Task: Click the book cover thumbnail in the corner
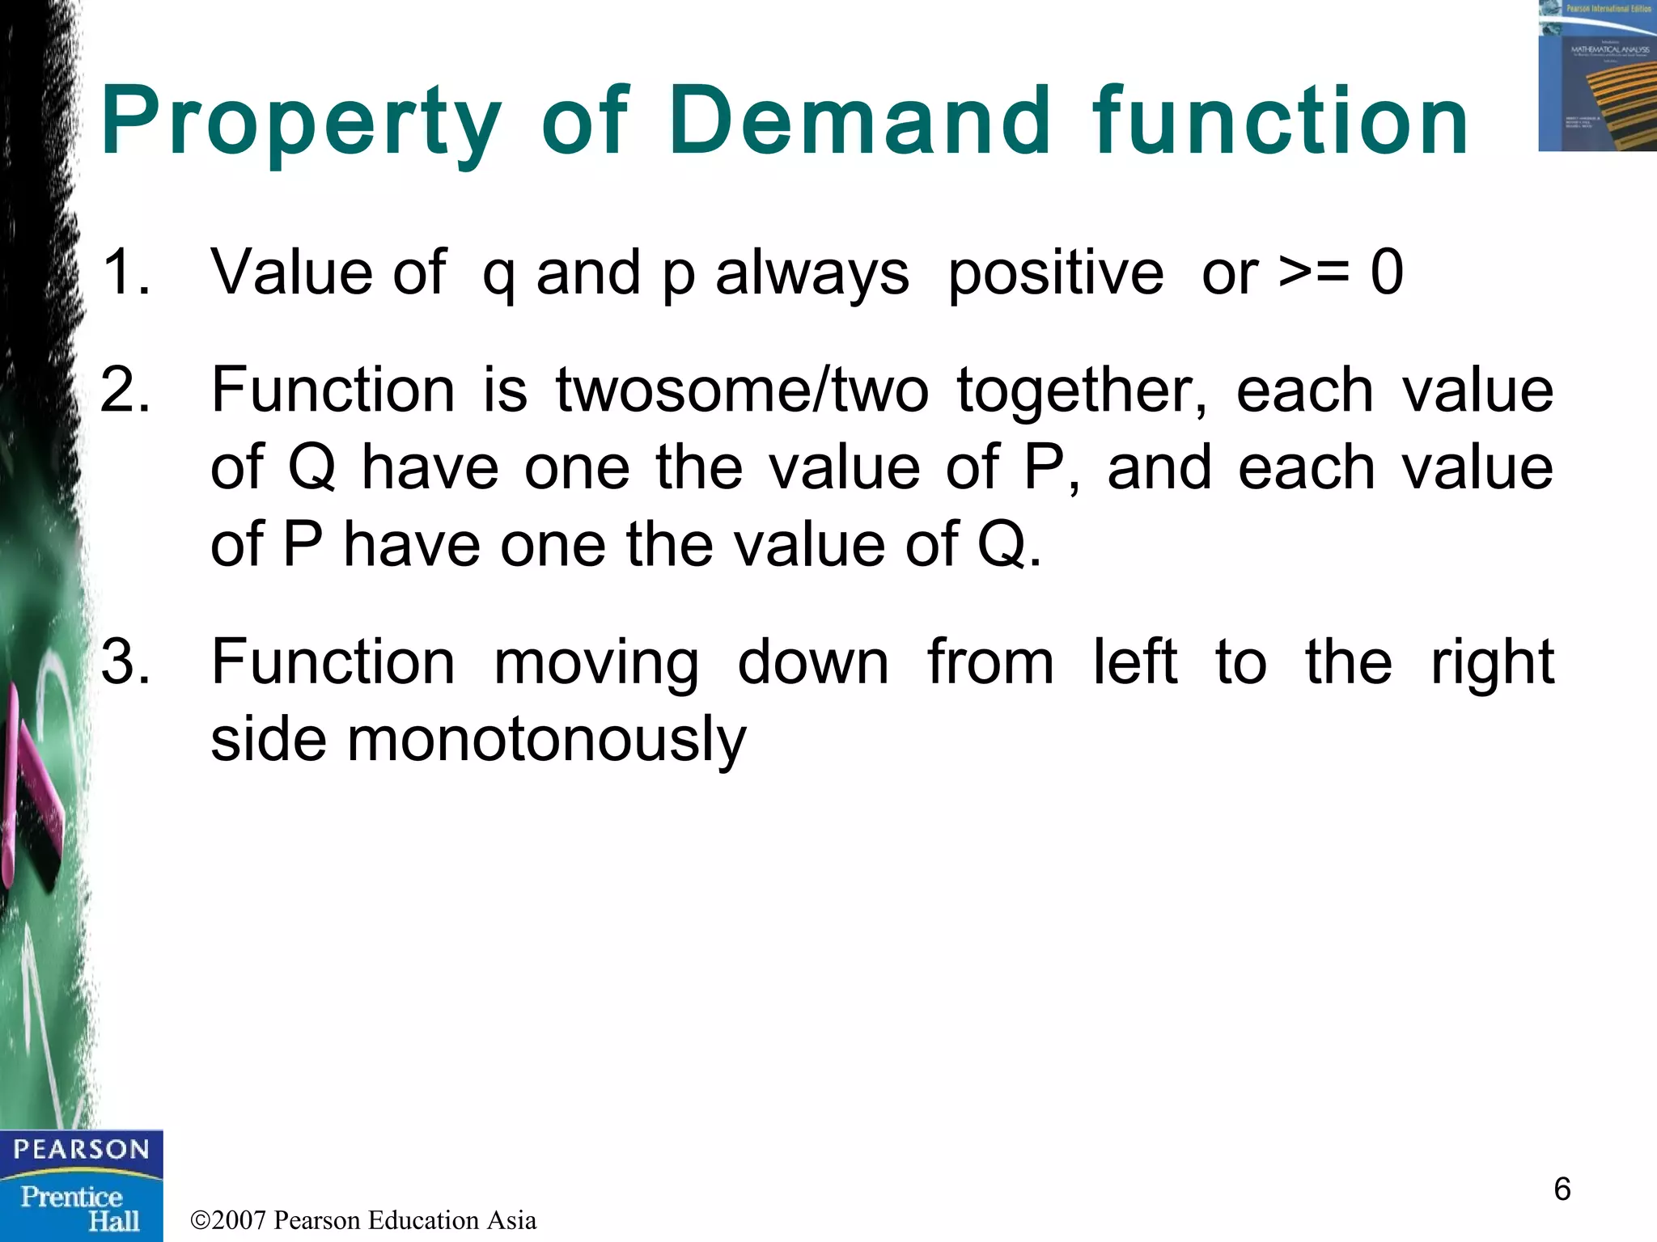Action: click(x=1596, y=76)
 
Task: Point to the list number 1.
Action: click(x=125, y=272)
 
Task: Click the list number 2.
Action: click(x=126, y=390)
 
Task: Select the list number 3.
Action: click(x=126, y=662)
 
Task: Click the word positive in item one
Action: click(x=1055, y=272)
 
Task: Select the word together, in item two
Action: click(x=1082, y=391)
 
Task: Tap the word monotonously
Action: click(x=546, y=740)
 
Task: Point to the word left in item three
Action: click(x=1134, y=661)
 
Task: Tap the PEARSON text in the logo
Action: click(x=81, y=1150)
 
